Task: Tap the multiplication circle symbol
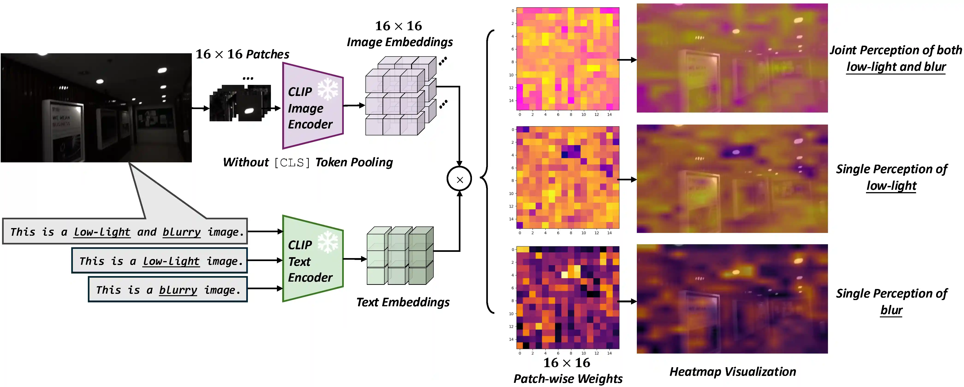tap(459, 179)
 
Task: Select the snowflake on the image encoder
tap(328, 89)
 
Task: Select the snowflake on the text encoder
tap(328, 242)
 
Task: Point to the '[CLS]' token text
tap(292, 162)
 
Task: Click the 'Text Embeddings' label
tap(403, 302)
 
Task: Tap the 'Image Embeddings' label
tap(400, 42)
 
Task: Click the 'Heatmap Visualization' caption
tap(732, 371)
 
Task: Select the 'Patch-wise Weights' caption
tap(568, 378)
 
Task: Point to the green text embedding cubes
tap(400, 255)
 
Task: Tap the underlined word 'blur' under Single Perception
tap(891, 310)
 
